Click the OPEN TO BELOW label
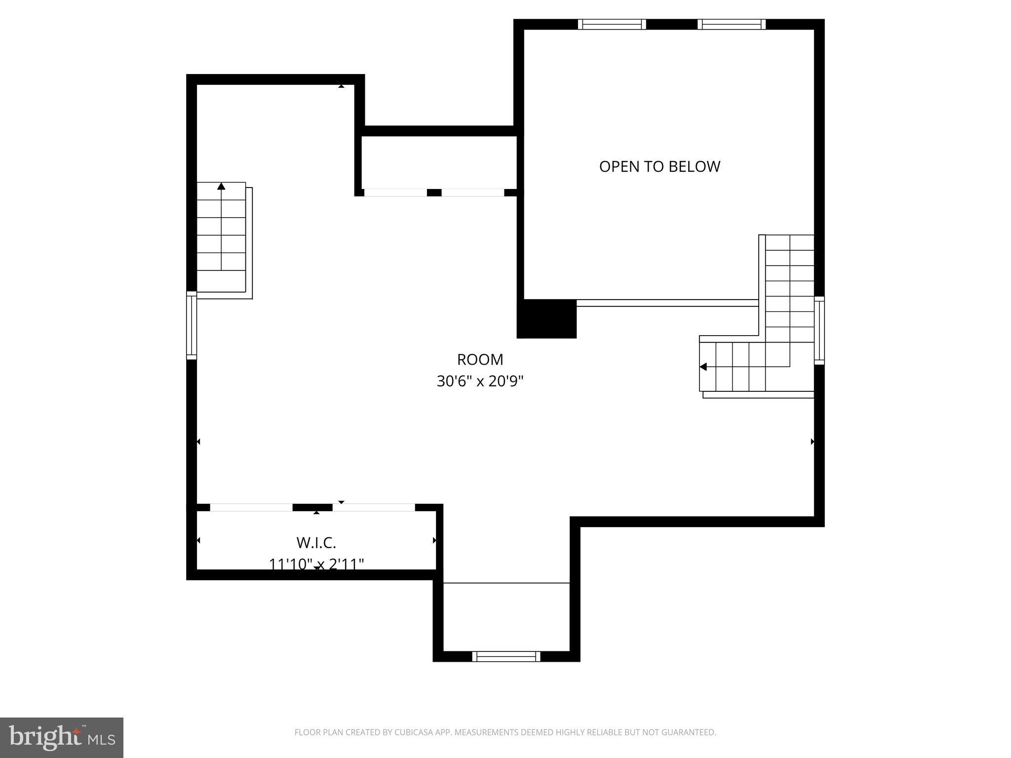coord(660,167)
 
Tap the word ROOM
coord(480,360)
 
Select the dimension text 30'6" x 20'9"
coord(480,381)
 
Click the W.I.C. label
coord(316,543)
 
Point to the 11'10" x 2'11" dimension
coord(316,564)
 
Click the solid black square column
coord(546,319)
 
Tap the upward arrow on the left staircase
coord(221,187)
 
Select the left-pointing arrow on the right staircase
coord(703,367)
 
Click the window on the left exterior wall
coord(192,325)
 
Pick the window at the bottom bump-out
coord(506,656)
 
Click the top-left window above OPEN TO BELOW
coord(612,24)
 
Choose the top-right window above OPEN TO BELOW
coord(732,24)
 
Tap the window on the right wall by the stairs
coord(819,331)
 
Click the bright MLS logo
coord(61,737)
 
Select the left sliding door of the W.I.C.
coord(251,507)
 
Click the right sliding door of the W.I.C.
coord(374,507)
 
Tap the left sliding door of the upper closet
coord(395,192)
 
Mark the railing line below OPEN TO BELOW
coord(667,303)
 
